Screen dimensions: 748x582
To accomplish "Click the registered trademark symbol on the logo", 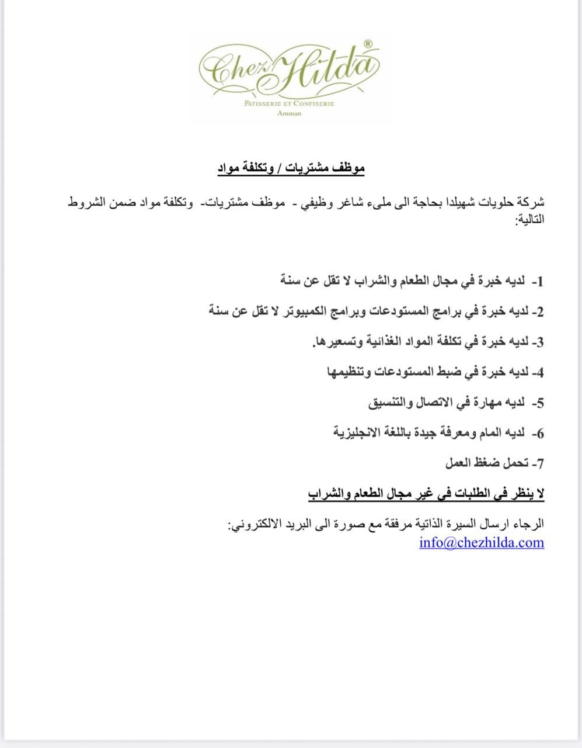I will [x=368, y=43].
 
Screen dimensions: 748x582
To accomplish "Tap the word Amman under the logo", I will [x=290, y=113].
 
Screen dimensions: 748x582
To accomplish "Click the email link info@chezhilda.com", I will [x=482, y=542].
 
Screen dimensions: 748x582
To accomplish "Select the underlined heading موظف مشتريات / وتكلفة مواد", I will [x=291, y=168].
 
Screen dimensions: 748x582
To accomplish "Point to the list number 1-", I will [x=538, y=282].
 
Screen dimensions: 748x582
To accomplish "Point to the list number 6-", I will [x=538, y=434].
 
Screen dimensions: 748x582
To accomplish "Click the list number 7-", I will [x=538, y=464].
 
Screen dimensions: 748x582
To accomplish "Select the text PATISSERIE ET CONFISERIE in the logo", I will [x=290, y=103].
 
